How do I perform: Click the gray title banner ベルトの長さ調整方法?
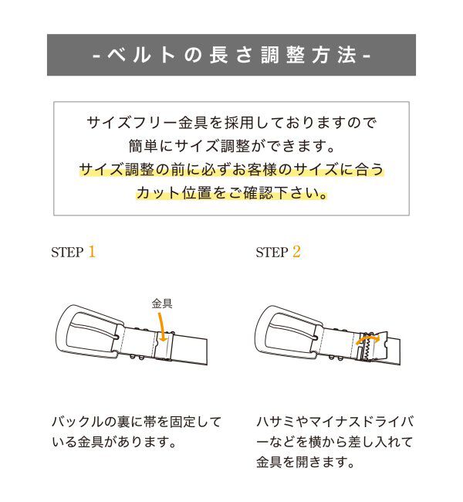[231, 56]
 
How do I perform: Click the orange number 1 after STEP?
[92, 252]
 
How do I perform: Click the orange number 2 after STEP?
[296, 252]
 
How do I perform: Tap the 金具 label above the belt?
[162, 304]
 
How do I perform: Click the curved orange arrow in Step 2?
[370, 338]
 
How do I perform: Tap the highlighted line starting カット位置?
[231, 193]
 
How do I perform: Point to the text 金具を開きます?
[306, 463]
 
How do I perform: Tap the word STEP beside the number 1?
[67, 253]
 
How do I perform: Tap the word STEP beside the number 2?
[272, 253]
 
